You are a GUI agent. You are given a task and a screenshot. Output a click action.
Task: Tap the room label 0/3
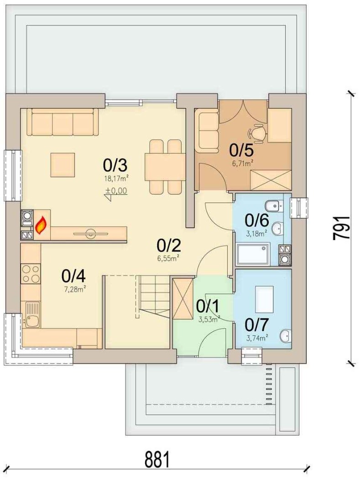pos(115,164)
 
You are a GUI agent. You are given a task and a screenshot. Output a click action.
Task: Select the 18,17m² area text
pos(116,178)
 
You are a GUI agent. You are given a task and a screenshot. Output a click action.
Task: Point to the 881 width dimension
pos(157,459)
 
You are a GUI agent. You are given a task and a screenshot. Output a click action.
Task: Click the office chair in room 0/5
pos(257,132)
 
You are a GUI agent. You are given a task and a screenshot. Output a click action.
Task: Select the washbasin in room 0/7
pos(287,336)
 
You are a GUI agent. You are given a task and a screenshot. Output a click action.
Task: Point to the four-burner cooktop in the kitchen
pos(31,273)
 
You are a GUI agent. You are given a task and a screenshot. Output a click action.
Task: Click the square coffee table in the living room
pos(63,165)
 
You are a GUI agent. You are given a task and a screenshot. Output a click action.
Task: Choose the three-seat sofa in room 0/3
pos(63,122)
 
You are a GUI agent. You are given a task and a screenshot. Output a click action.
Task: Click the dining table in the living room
pos(165,167)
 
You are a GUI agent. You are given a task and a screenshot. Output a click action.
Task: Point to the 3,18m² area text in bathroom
pos(256,233)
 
